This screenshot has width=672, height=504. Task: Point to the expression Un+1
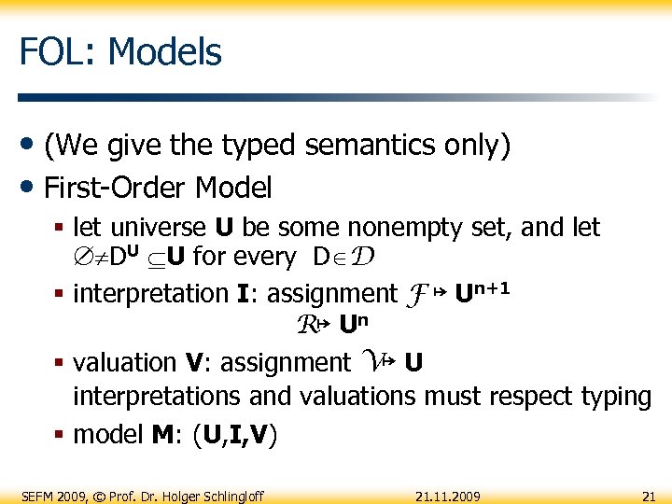482,292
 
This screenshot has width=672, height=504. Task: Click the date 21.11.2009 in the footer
448,494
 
